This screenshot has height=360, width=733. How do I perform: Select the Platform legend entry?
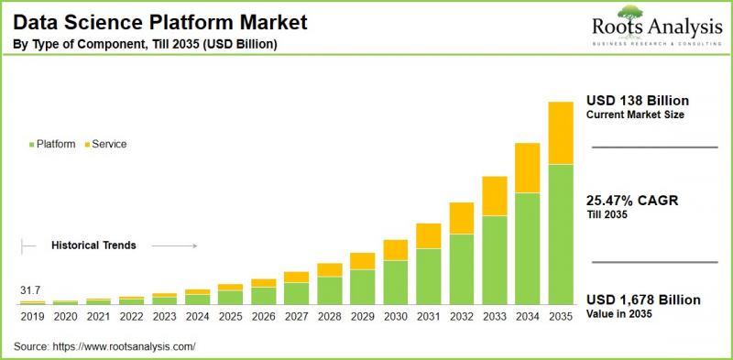click(53, 145)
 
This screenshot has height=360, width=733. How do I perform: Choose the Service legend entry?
click(105, 145)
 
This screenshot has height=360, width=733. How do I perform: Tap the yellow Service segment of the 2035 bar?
click(561, 133)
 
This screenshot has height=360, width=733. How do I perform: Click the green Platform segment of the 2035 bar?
click(561, 235)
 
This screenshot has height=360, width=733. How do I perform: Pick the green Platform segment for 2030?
click(396, 282)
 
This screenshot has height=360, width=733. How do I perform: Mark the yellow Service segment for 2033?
click(495, 196)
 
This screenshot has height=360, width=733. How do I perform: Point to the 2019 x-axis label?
click(33, 317)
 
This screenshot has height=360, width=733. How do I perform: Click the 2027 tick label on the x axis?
click(297, 317)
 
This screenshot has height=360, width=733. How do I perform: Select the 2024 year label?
click(198, 317)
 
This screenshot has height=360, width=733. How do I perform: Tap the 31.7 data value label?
click(31, 291)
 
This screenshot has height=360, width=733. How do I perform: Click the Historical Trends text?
click(93, 245)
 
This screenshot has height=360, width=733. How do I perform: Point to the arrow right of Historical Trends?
click(174, 245)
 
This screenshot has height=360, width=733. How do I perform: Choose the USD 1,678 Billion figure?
click(642, 300)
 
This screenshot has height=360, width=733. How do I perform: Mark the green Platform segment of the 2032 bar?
click(462, 269)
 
